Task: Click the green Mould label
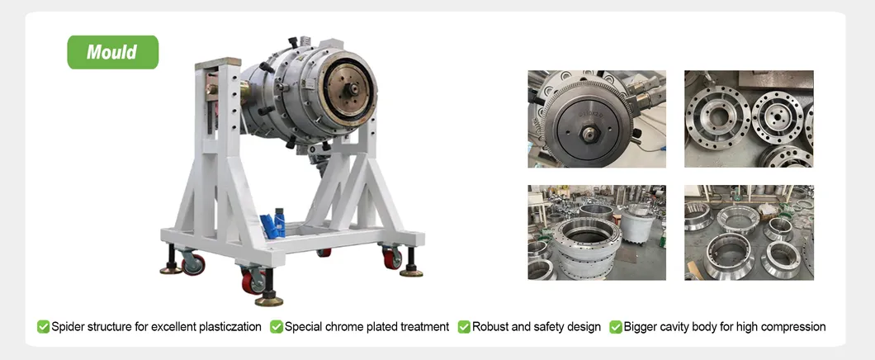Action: [x=113, y=53]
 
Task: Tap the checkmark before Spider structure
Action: [x=43, y=326]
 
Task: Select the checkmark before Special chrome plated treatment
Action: [x=277, y=326]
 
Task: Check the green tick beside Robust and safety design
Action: [x=464, y=326]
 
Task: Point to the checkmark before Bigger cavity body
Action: [x=616, y=326]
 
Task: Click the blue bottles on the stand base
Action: [x=274, y=223]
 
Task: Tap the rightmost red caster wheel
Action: [x=392, y=258]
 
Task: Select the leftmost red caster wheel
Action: [x=193, y=264]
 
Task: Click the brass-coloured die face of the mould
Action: [x=350, y=90]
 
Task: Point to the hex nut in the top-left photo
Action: [x=588, y=134]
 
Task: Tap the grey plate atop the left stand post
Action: [x=218, y=63]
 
